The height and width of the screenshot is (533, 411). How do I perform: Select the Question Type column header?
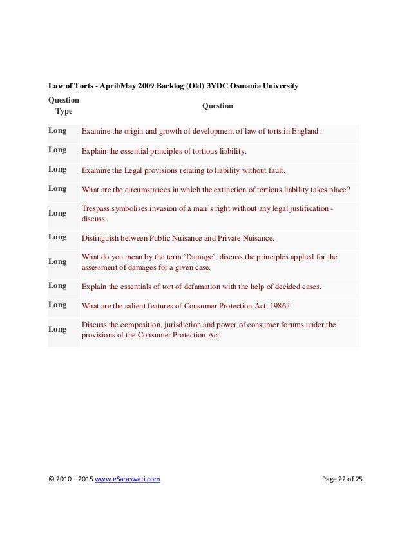point(64,106)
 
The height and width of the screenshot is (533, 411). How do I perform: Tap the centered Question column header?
point(218,106)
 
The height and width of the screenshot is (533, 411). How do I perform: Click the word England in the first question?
point(303,132)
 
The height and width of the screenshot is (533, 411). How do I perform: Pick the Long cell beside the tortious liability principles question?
point(58,150)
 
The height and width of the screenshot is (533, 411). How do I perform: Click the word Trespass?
point(97,208)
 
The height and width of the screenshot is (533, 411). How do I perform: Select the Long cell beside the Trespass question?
point(58,213)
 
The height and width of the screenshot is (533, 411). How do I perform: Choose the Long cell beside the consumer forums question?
point(58,329)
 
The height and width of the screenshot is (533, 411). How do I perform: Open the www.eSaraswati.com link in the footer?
point(128,479)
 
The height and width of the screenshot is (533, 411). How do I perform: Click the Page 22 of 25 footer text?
point(342,479)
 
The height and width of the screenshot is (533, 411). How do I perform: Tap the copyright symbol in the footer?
point(52,479)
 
